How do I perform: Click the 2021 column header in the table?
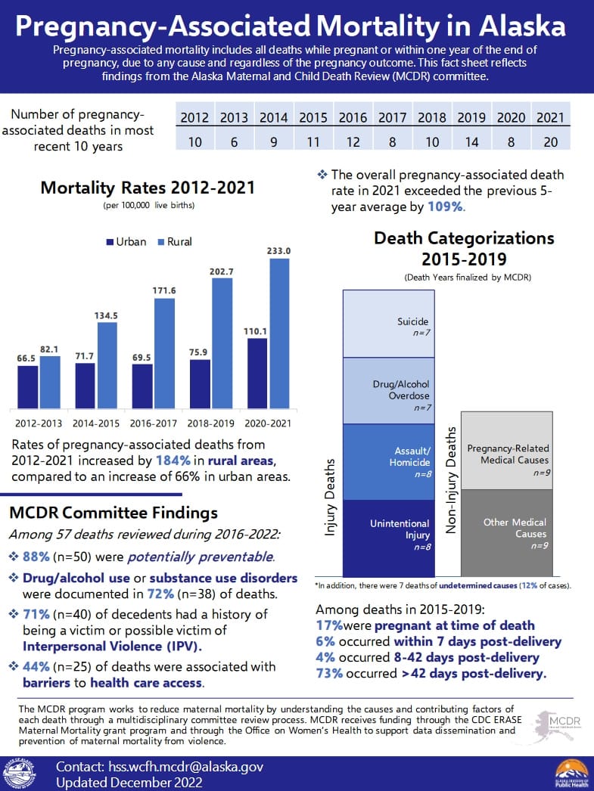click(549, 117)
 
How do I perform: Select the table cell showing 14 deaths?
click(471, 141)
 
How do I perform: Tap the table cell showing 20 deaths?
click(549, 141)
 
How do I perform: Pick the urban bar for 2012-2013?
click(30, 389)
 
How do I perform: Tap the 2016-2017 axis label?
click(154, 423)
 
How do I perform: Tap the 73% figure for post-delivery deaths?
click(330, 674)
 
